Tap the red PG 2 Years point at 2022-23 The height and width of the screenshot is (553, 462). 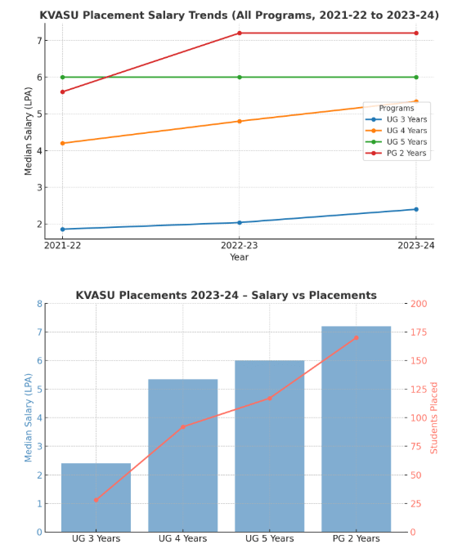coord(240,33)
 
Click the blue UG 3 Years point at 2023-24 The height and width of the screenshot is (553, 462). coord(416,209)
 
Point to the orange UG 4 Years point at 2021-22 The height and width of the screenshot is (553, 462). coord(62,143)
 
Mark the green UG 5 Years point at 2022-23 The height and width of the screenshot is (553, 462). coord(240,77)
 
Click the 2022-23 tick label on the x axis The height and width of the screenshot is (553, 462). coord(240,246)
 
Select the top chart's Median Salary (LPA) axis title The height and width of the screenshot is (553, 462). coord(29,131)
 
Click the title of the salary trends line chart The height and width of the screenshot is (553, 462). coord(239,15)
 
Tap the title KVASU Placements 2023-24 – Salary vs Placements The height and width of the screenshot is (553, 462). coord(227,295)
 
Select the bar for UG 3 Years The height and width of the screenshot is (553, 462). coord(96,497)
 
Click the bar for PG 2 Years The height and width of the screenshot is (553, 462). coord(356,429)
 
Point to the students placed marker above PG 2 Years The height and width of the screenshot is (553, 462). coord(356,337)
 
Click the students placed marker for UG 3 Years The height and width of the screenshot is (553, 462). coord(96,500)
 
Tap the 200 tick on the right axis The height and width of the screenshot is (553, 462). coord(419,304)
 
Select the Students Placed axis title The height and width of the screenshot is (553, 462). coord(435,417)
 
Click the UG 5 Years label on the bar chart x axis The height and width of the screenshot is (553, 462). coord(269,539)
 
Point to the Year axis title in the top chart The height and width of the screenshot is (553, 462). coord(240,257)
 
